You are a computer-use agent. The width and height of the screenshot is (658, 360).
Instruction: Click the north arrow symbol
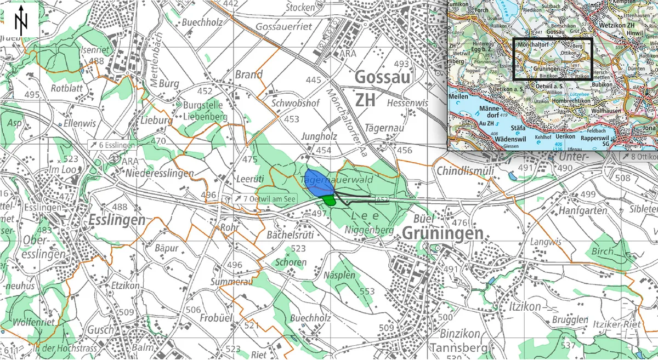[21, 20]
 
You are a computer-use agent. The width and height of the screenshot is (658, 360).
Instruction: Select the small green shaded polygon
[328, 201]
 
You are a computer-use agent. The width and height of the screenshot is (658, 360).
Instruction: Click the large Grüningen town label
[443, 234]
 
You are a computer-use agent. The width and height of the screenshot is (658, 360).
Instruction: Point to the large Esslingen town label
[116, 220]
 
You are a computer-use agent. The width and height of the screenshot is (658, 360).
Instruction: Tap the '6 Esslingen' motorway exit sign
[112, 145]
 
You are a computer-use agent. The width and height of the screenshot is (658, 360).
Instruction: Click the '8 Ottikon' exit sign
[639, 157]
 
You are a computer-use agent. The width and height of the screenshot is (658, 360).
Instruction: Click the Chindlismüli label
[466, 171]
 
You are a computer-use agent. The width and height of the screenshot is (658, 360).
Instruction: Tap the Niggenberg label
[369, 230]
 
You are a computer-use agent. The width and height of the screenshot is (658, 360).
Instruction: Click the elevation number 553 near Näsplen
[366, 291]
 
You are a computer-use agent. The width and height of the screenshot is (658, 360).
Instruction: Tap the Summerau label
[231, 282]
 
